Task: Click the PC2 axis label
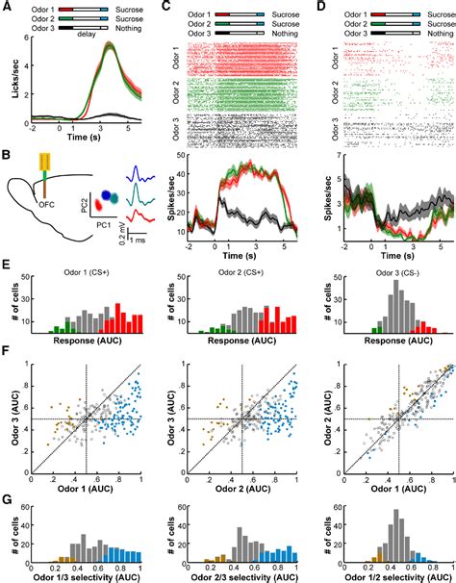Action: (84, 205)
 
